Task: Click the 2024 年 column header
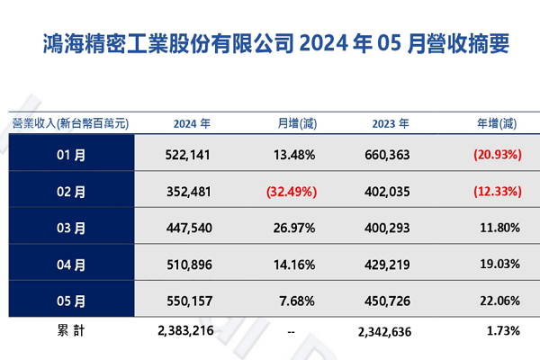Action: (192, 123)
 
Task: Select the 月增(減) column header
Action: (297, 123)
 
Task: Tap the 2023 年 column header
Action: (391, 123)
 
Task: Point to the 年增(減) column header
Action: (497, 123)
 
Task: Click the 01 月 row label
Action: (71, 155)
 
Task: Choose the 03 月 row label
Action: (71, 228)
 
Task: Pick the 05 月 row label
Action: (71, 301)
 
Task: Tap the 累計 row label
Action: (71, 330)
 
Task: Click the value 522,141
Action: (188, 155)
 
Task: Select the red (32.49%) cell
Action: (292, 192)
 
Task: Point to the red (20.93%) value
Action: (498, 155)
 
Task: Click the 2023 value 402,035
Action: (387, 192)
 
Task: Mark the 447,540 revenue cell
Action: (189, 228)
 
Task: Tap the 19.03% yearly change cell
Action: (500, 265)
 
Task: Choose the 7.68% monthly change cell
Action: (297, 301)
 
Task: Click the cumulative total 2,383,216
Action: (185, 330)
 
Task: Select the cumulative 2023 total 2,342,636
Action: (384, 332)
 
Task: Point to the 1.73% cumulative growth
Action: (503, 331)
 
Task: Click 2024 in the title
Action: (324, 43)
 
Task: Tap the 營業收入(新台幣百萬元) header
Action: (70, 123)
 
